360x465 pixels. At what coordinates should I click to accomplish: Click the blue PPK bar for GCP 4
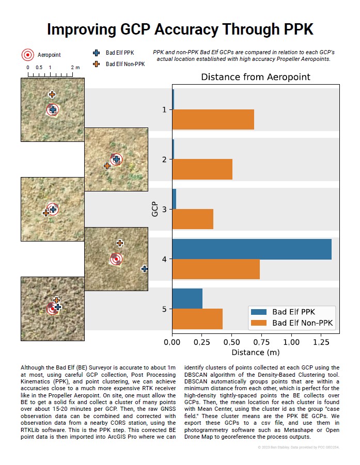(252, 249)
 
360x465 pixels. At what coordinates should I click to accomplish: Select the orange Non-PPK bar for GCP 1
(213, 119)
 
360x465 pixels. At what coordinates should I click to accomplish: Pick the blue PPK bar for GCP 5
(187, 299)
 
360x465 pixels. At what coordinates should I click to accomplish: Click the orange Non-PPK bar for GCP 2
(202, 169)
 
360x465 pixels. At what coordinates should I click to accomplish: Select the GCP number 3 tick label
(164, 210)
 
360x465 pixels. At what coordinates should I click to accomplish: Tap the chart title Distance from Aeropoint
(255, 77)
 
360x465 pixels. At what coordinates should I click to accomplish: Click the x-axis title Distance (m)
(255, 352)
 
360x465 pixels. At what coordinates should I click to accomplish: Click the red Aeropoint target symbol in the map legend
(28, 55)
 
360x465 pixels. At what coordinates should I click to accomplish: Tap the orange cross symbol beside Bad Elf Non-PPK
(96, 64)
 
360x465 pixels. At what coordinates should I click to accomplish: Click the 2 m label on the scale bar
(75, 68)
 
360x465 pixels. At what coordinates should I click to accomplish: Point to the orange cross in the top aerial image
(52, 94)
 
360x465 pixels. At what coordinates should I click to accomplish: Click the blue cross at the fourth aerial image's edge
(145, 269)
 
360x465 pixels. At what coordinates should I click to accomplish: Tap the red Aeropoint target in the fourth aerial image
(116, 259)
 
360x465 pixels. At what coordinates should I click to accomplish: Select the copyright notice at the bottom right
(298, 447)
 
